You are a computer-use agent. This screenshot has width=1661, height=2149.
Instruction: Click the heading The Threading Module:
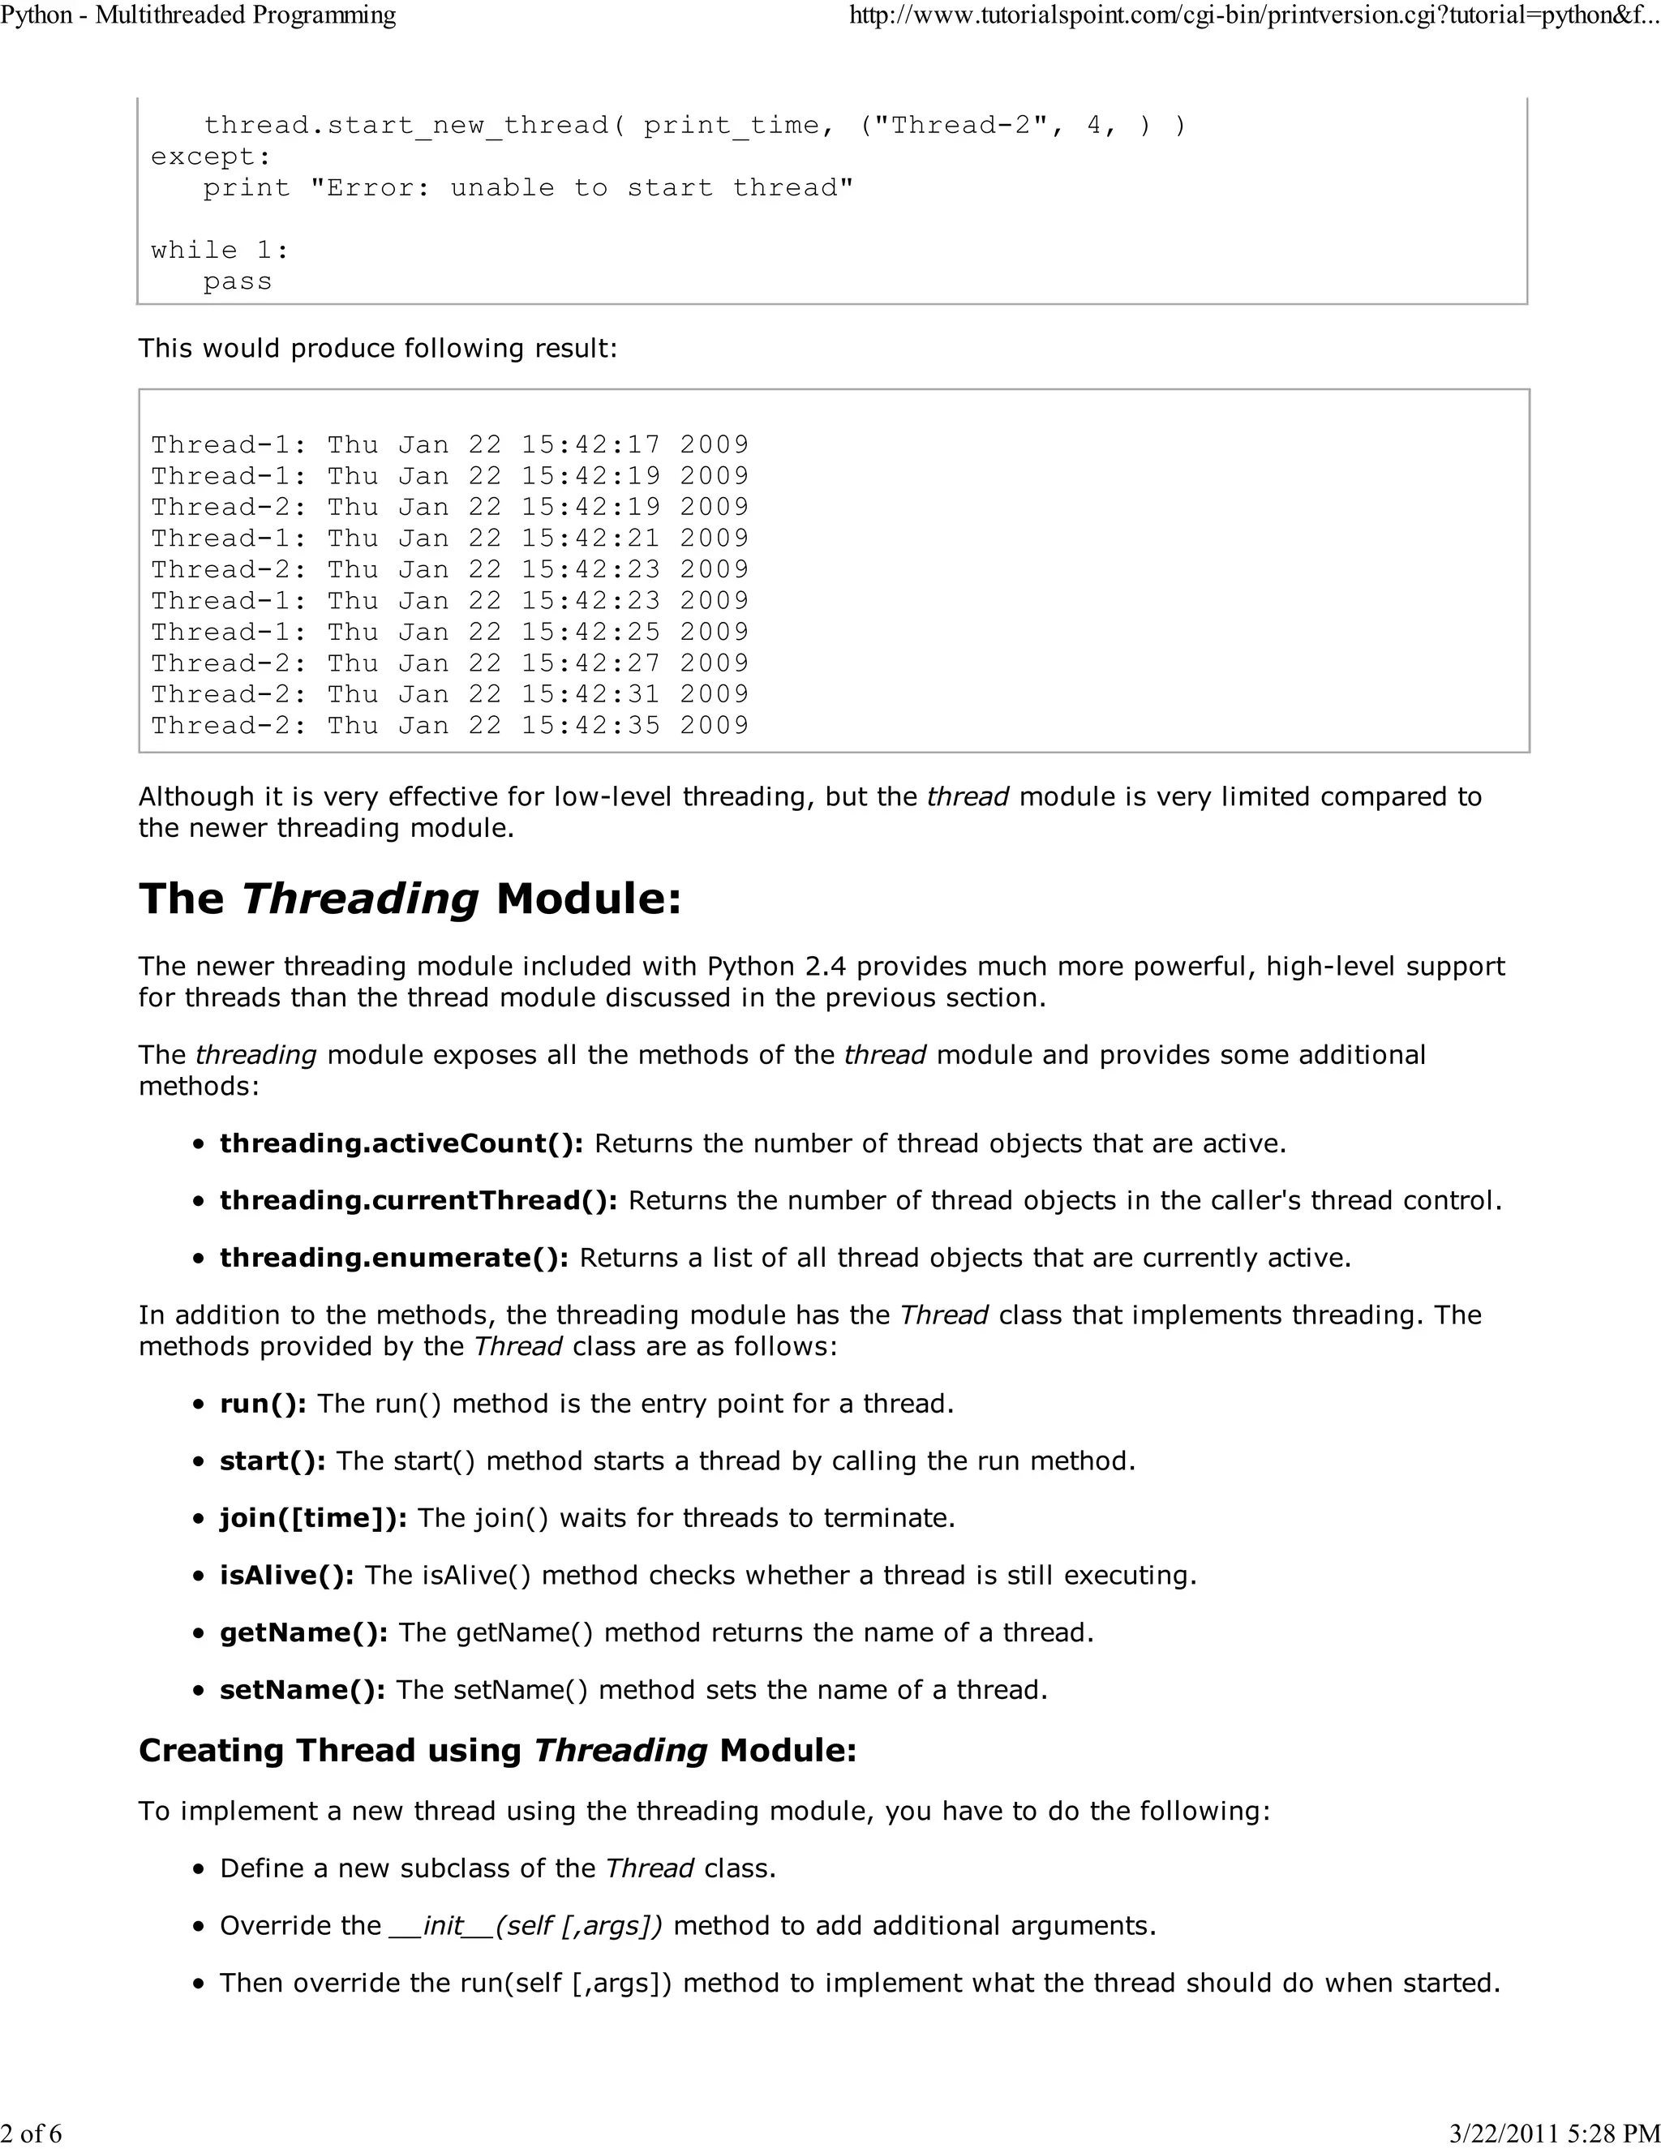click(x=410, y=899)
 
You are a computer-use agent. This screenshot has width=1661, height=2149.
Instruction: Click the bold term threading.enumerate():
click(x=393, y=1258)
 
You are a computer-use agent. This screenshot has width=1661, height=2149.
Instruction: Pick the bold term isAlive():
click(x=286, y=1576)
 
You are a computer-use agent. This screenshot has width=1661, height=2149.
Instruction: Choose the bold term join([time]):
click(x=313, y=1518)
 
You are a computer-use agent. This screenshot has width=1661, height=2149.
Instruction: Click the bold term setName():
click(x=302, y=1689)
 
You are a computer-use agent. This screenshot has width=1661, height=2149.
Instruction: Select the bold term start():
click(x=273, y=1461)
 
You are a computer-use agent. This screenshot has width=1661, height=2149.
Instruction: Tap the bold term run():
click(x=263, y=1404)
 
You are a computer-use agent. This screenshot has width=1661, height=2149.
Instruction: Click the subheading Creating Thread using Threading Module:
click(x=497, y=1751)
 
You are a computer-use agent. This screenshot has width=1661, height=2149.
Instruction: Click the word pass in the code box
click(x=237, y=281)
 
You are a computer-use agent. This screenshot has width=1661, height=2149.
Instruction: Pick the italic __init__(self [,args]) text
click(x=526, y=1926)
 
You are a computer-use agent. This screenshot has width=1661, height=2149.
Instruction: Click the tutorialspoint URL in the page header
click(x=1254, y=15)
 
